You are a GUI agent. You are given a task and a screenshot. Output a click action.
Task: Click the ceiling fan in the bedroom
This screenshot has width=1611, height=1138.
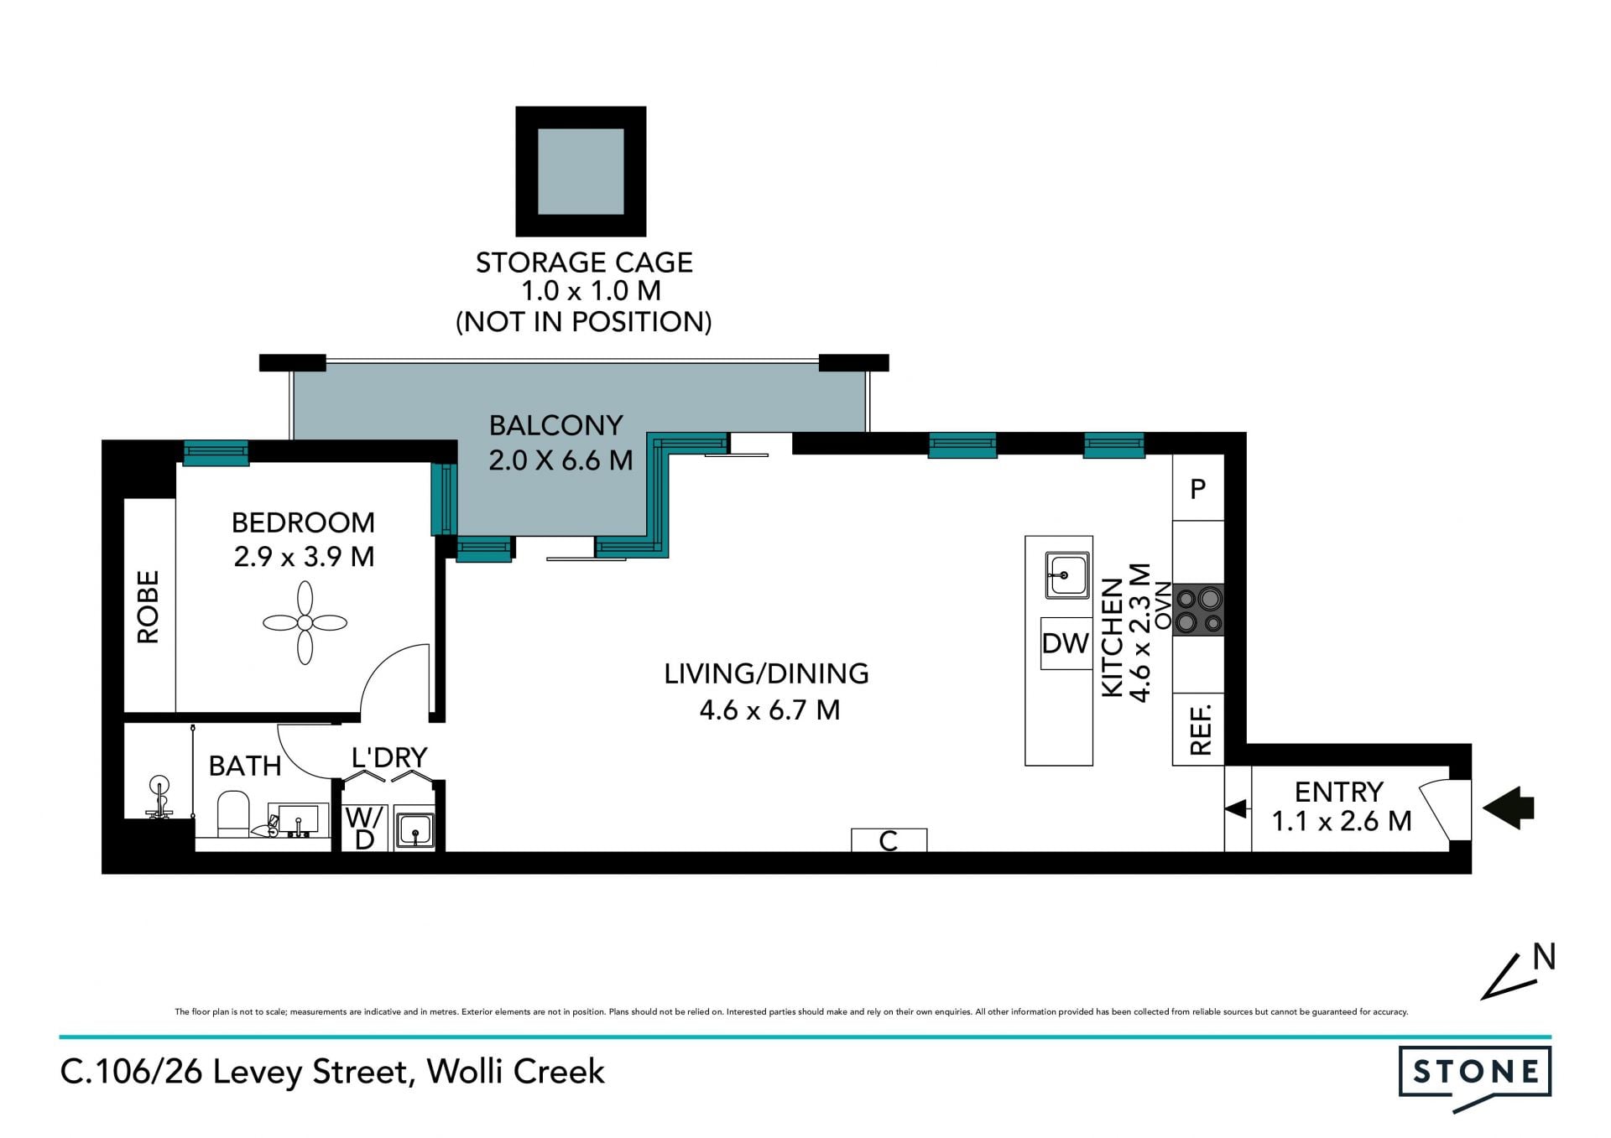click(305, 623)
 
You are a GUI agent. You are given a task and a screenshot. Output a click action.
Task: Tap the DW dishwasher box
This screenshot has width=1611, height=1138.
click(1066, 643)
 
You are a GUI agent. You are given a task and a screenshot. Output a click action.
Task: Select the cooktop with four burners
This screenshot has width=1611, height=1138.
click(1198, 610)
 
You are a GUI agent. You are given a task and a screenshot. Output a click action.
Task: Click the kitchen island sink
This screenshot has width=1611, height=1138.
click(1067, 575)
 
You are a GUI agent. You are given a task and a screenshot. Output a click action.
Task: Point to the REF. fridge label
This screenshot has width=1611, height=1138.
click(1201, 730)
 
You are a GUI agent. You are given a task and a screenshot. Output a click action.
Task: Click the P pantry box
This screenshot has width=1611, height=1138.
click(1198, 488)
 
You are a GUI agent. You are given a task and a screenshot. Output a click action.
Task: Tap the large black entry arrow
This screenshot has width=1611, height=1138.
click(1509, 808)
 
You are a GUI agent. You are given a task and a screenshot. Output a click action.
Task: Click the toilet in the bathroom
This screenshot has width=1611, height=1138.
click(233, 814)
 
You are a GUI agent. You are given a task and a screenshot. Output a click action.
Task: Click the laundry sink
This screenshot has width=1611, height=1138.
click(414, 830)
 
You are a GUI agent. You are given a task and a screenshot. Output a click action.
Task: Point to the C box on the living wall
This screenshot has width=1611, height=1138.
click(889, 839)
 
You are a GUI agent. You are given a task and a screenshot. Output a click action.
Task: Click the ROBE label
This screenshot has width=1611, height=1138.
click(148, 606)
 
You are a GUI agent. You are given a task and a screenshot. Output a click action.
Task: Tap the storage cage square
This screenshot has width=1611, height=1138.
click(581, 171)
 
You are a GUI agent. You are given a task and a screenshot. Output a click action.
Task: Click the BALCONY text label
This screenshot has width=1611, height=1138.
click(556, 425)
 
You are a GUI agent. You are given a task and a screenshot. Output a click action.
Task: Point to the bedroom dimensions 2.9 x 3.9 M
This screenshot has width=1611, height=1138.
click(304, 557)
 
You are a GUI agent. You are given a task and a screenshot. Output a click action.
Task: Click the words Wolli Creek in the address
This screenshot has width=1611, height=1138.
click(516, 1072)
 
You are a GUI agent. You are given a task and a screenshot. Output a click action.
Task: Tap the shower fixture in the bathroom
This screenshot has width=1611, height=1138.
click(159, 798)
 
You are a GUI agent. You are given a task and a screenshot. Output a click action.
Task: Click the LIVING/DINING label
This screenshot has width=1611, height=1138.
click(767, 673)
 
